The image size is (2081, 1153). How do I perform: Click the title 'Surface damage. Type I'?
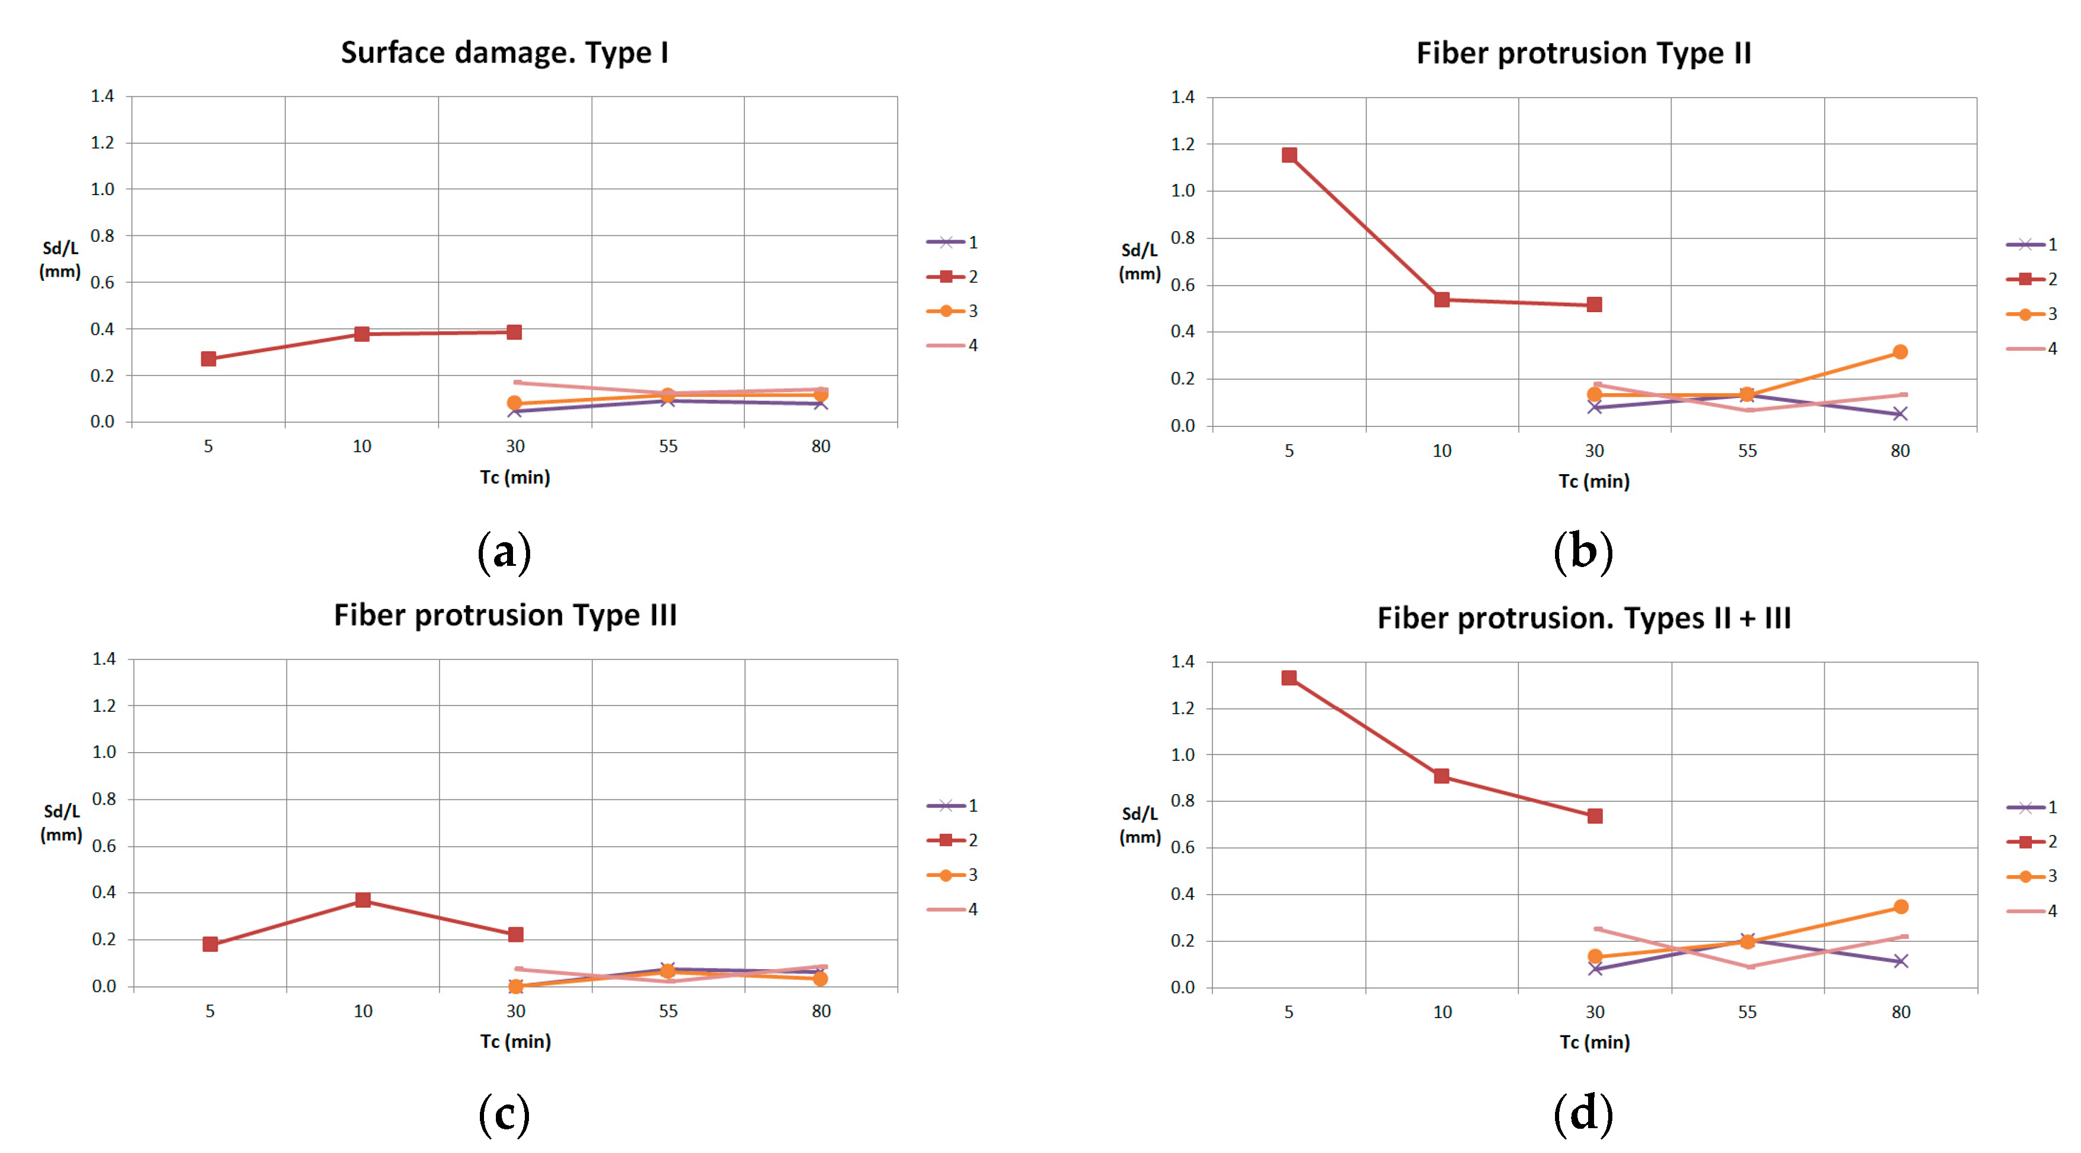click(x=504, y=53)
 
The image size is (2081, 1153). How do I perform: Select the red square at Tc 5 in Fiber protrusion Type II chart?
click(x=1289, y=155)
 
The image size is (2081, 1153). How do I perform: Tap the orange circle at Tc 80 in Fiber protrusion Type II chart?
click(x=1900, y=352)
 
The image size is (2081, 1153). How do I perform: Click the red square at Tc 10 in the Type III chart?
click(x=363, y=901)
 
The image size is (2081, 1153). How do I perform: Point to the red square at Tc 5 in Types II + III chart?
click(x=1289, y=678)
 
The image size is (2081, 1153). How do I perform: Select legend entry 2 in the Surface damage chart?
click(x=953, y=277)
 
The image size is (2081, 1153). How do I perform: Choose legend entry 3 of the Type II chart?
click(x=2032, y=314)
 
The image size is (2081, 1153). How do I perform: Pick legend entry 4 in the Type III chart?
click(x=953, y=910)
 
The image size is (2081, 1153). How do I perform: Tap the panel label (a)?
click(x=504, y=552)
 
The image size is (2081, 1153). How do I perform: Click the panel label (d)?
click(x=1583, y=1113)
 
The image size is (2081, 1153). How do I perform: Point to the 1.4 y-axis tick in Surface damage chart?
click(x=102, y=96)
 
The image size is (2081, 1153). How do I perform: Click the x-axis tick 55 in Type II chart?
click(x=1747, y=451)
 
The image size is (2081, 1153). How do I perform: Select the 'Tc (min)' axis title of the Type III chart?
click(x=515, y=1042)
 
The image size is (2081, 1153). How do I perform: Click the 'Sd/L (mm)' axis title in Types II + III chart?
click(x=1140, y=825)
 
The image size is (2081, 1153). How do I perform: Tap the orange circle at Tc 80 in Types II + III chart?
click(x=1901, y=907)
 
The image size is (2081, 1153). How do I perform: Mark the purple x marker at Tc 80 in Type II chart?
click(x=1900, y=414)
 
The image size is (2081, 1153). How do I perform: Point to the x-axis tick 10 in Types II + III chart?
click(x=1442, y=1012)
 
